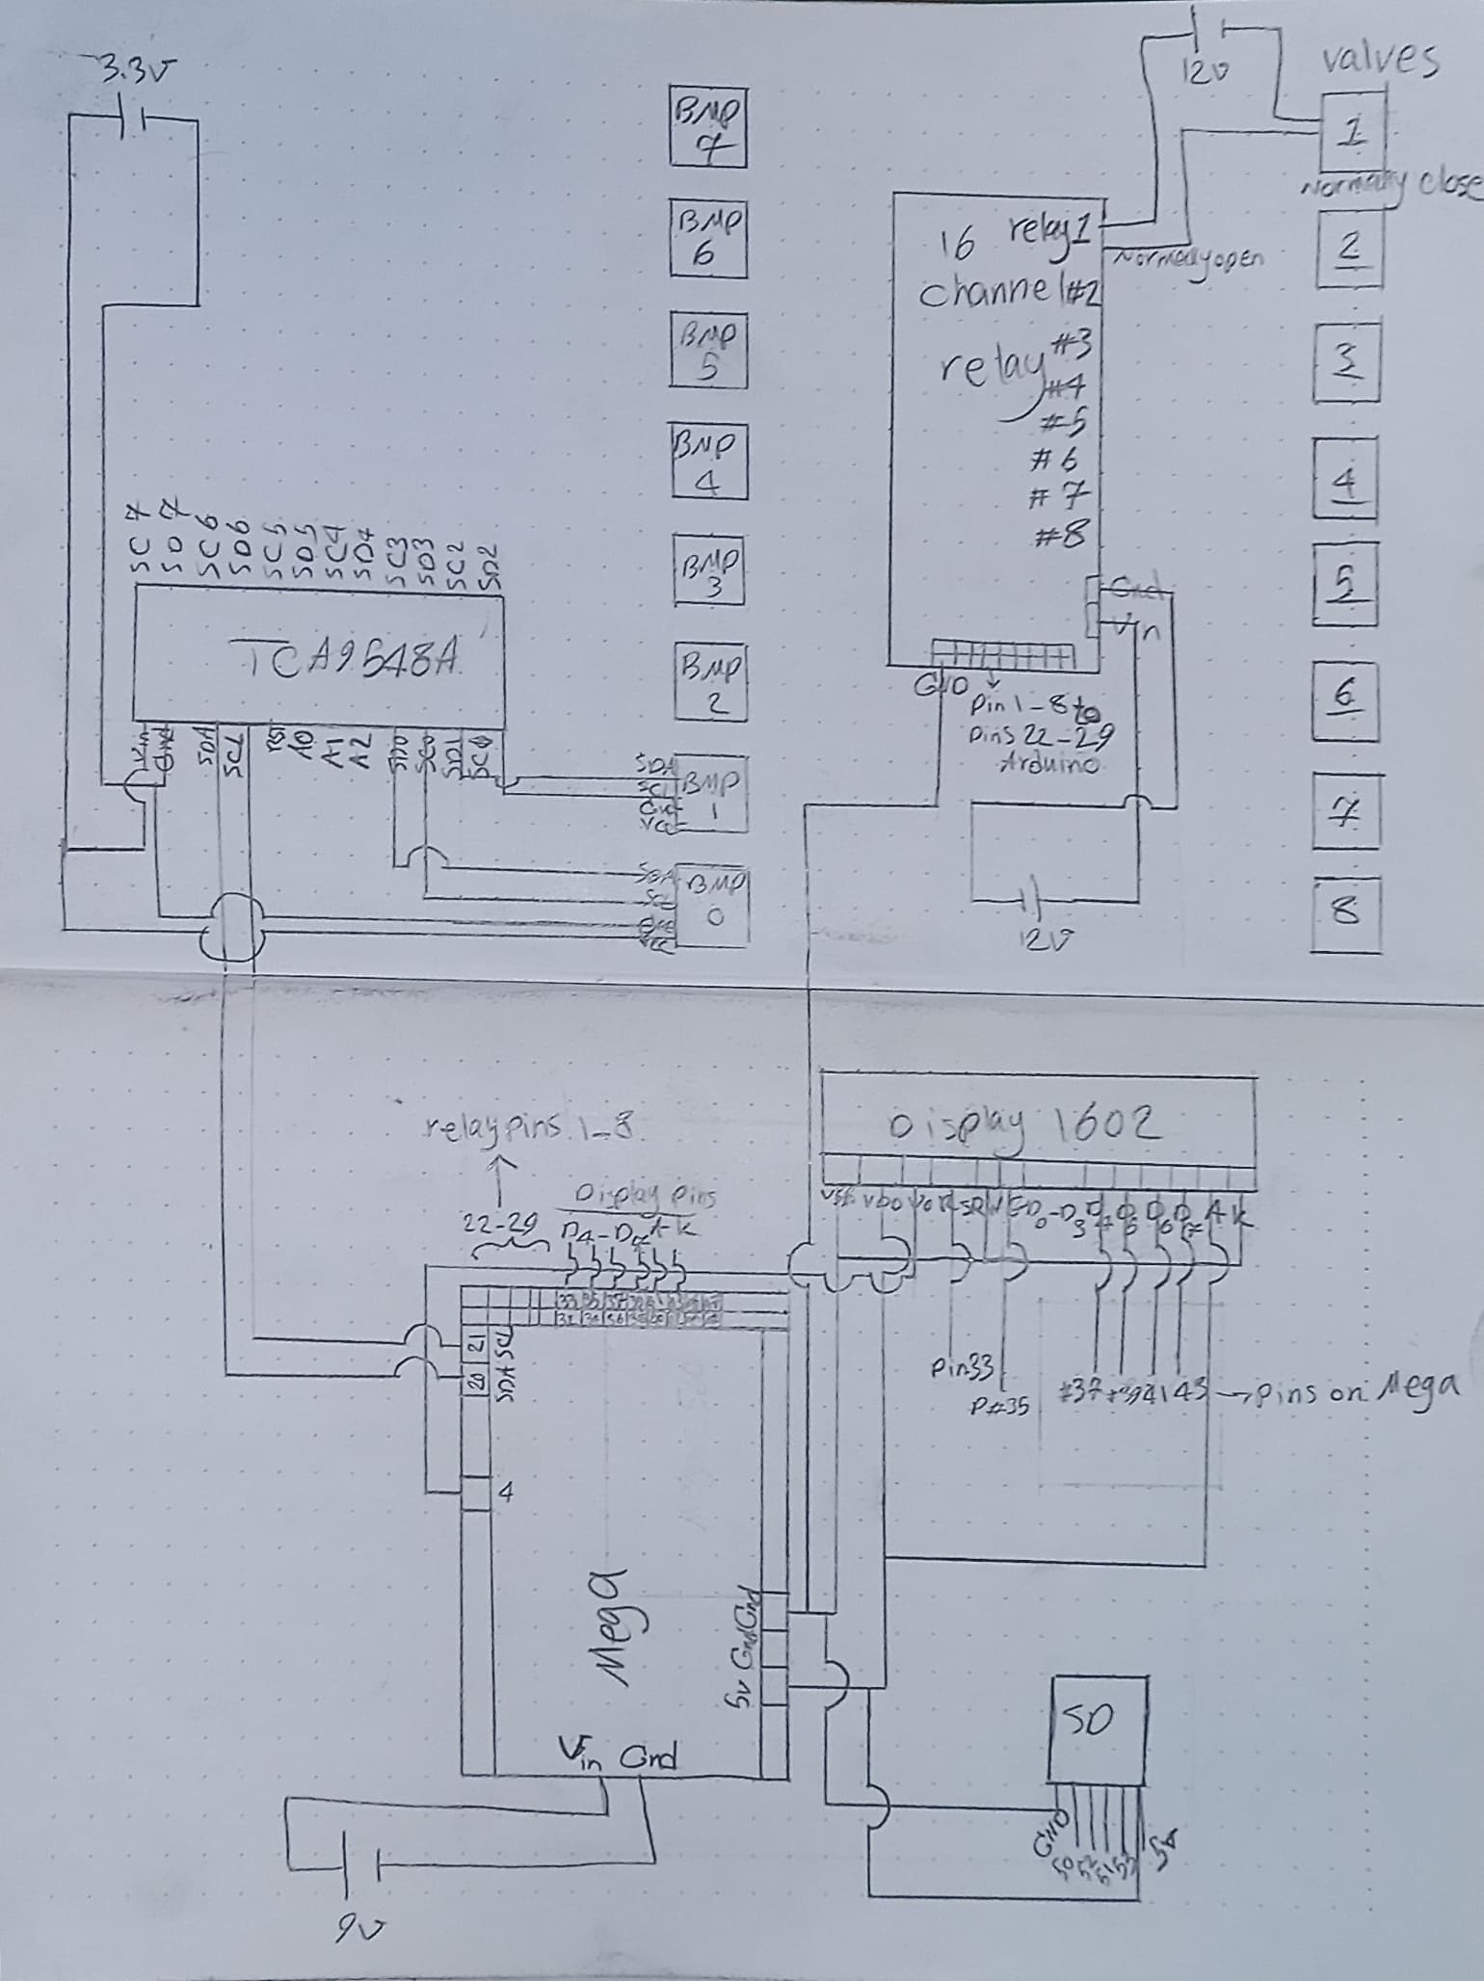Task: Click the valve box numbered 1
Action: click(1352, 128)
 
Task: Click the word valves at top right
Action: click(1379, 60)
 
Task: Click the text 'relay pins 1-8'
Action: click(530, 1128)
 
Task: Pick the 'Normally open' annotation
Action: click(1188, 257)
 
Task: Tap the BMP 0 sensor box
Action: click(714, 903)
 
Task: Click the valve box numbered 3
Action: click(1346, 361)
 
